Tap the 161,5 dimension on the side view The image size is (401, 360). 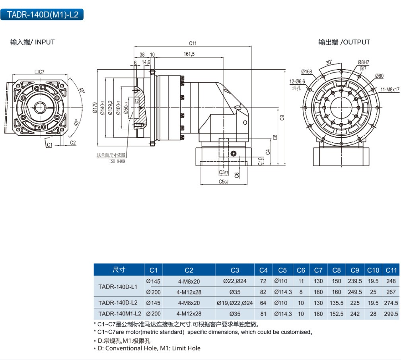pyautogui.click(x=189, y=54)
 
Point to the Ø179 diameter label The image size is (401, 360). pyautogui.click(x=95, y=107)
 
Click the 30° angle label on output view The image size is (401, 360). pyautogui.click(x=329, y=62)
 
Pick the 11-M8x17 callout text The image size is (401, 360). pyautogui.click(x=389, y=90)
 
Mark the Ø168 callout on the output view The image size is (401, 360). pyautogui.click(x=307, y=72)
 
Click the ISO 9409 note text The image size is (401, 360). pyautogui.click(x=117, y=161)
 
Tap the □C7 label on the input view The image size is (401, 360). pyautogui.click(x=39, y=72)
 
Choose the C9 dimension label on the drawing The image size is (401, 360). pyautogui.click(x=282, y=117)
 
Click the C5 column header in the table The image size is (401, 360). pyautogui.click(x=282, y=270)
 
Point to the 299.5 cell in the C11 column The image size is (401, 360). pyautogui.click(x=391, y=314)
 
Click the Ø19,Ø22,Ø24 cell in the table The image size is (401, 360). pyautogui.click(x=235, y=303)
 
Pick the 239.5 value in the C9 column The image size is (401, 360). pyautogui.click(x=355, y=281)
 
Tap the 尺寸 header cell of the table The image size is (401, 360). pyautogui.click(x=119, y=270)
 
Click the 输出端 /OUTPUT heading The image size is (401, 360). pyautogui.click(x=344, y=42)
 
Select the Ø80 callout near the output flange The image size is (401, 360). pyautogui.click(x=379, y=76)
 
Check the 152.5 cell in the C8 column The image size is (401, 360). pyautogui.click(x=337, y=314)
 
